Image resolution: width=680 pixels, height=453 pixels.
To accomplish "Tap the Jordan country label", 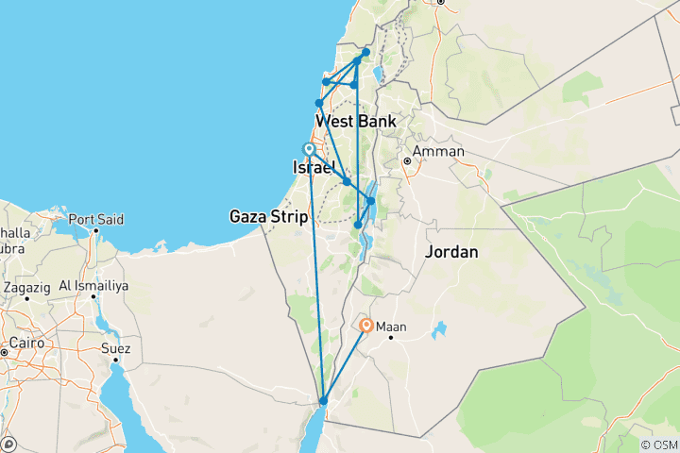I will click(451, 253).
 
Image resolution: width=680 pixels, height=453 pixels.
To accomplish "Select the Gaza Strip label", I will click(268, 217).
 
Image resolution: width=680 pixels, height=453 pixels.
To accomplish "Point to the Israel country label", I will click(314, 167).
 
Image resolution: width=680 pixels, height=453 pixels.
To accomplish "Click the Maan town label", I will click(391, 327).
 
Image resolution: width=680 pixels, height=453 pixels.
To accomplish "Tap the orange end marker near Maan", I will click(366, 326).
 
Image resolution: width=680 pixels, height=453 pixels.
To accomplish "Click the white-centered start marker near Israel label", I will click(309, 149).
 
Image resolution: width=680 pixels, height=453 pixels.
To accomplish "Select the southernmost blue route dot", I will click(323, 401).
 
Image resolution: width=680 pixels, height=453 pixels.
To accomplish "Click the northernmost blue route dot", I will click(366, 52).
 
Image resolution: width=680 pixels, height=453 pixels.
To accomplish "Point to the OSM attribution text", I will click(658, 445).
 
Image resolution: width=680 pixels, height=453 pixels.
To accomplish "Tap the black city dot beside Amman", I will click(408, 161).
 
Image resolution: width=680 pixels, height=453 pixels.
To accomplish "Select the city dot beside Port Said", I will click(95, 229).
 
